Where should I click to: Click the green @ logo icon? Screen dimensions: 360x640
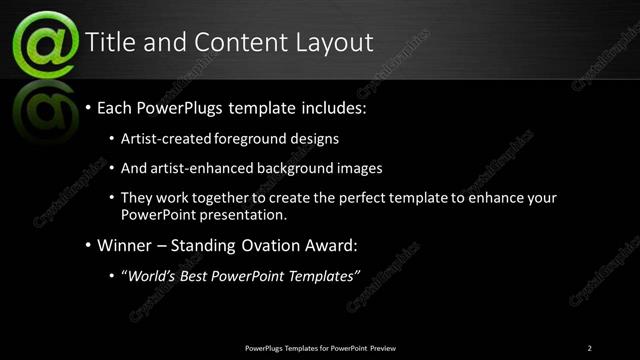[x=44, y=45]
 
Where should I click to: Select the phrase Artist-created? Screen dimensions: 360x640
[x=163, y=139]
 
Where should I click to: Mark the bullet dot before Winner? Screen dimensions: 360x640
[x=89, y=245]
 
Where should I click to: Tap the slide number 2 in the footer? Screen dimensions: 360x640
[x=589, y=348]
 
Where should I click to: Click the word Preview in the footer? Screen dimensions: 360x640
[x=384, y=348]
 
